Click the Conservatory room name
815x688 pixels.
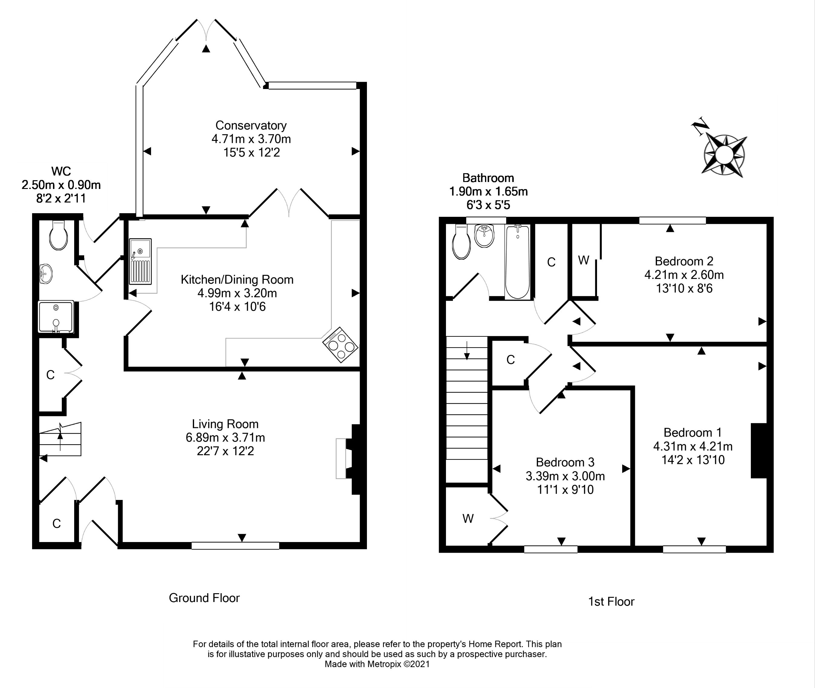point(251,126)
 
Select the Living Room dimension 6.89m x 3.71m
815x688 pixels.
point(225,438)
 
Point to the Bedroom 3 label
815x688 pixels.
point(565,462)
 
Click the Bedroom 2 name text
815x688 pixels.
point(684,261)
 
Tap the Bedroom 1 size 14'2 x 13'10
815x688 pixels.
point(693,460)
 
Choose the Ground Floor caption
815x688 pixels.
point(204,598)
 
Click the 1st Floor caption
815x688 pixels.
point(611,602)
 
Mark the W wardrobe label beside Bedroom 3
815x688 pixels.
point(468,518)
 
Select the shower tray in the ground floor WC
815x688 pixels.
point(56,316)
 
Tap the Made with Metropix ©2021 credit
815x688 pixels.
point(377,664)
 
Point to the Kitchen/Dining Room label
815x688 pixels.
point(237,279)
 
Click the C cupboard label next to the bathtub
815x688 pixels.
point(551,263)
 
